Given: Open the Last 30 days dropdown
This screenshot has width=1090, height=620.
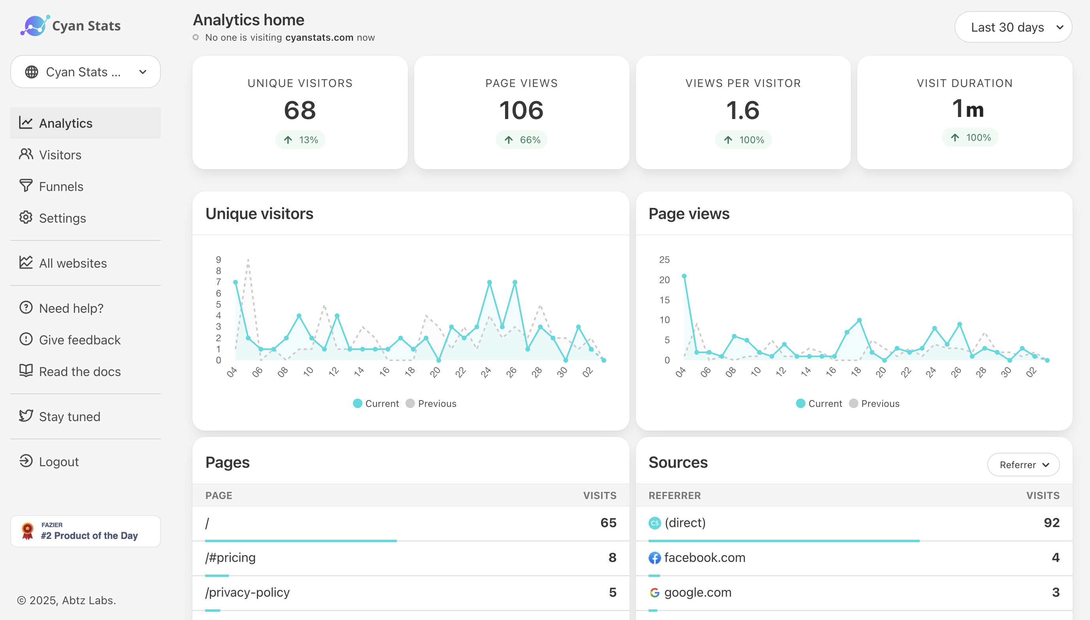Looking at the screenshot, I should pyautogui.click(x=1013, y=27).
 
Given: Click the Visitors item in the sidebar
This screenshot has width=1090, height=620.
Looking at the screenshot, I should pyautogui.click(x=60, y=155).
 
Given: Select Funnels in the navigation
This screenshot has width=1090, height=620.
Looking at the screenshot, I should pyautogui.click(x=61, y=187).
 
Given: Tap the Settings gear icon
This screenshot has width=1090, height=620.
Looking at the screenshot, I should pyautogui.click(x=26, y=217).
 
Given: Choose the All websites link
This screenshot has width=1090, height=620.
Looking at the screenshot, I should pyautogui.click(x=73, y=263).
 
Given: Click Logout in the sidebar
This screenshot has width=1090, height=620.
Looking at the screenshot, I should pyautogui.click(x=59, y=461).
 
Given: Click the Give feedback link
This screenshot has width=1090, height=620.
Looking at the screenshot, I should pyautogui.click(x=79, y=340).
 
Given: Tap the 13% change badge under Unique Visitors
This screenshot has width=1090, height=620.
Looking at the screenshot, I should pyautogui.click(x=300, y=140).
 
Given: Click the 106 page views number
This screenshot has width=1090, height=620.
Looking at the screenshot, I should pyautogui.click(x=521, y=110).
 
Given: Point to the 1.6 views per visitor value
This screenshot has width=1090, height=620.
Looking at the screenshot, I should pyautogui.click(x=743, y=110).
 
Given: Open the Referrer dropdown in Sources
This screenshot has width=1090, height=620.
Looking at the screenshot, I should pyautogui.click(x=1023, y=465).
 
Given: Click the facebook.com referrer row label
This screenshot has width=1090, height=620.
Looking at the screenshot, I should pyautogui.click(x=704, y=558).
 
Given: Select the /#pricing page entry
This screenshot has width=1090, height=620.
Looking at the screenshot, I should pyautogui.click(x=231, y=558).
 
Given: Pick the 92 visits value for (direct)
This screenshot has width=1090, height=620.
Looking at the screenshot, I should pyautogui.click(x=1051, y=522).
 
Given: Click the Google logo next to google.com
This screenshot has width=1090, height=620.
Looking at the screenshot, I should pyautogui.click(x=654, y=592).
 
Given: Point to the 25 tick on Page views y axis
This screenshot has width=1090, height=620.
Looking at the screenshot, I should pyautogui.click(x=664, y=260).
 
